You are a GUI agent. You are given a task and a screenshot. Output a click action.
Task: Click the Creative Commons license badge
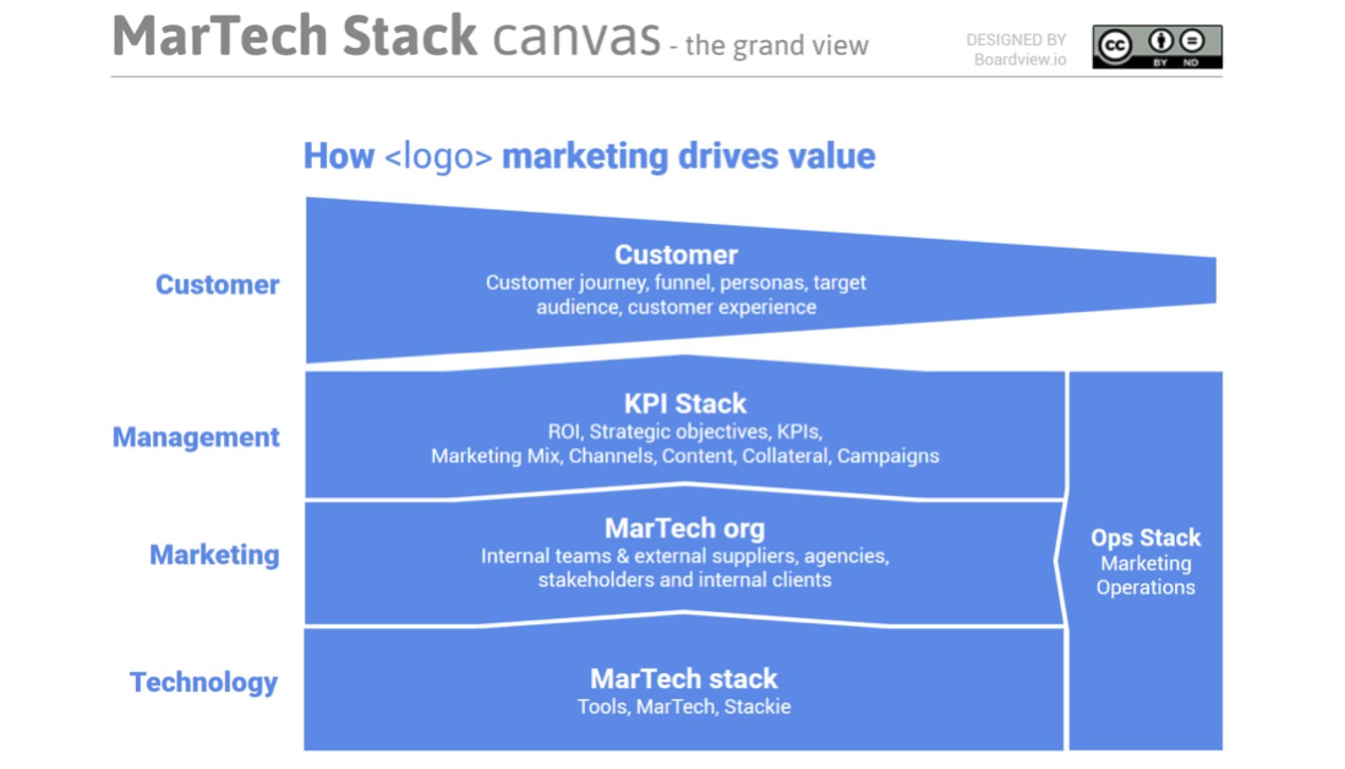[1157, 46]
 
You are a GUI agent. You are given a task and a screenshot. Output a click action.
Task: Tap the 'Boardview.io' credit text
[1020, 60]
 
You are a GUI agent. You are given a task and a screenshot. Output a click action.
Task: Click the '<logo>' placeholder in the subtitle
[438, 157]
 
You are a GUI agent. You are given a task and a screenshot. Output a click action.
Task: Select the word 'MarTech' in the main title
[220, 36]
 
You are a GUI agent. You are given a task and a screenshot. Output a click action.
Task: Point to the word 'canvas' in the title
[576, 38]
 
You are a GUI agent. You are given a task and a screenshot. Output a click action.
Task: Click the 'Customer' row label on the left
[217, 285]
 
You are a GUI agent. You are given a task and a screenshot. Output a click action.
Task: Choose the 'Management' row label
[196, 437]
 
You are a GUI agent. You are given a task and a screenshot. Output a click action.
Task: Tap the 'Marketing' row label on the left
[215, 555]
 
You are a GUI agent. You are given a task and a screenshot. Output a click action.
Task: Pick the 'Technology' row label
[204, 682]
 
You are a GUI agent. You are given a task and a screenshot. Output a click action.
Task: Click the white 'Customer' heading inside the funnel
[676, 255]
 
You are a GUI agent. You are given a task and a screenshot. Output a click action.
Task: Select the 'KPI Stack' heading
[685, 404]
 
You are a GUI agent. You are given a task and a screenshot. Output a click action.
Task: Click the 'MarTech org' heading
[685, 529]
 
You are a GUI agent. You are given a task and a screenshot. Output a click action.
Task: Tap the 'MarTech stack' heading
[684, 679]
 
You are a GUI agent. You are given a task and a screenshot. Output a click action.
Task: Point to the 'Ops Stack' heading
[1145, 538]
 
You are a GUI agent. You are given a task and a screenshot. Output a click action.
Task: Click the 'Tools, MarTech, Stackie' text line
[684, 706]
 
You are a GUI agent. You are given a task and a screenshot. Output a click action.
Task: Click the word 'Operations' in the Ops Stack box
[1145, 587]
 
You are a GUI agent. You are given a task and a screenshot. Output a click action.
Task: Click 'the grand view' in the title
[777, 46]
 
